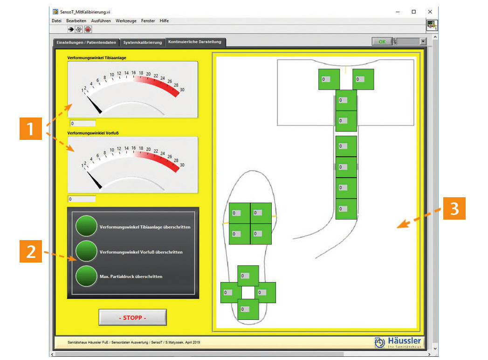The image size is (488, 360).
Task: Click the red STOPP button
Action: coord(132,318)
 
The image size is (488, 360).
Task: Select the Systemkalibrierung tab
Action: coord(143,42)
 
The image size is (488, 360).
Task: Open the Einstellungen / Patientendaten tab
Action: coord(86,42)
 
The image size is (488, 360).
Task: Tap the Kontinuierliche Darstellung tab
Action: coord(195,42)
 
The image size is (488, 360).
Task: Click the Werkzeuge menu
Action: coord(126,21)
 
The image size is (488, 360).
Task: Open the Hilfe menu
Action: coord(164,21)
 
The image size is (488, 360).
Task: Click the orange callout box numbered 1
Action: coord(30,129)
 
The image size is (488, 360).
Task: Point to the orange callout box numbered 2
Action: coord(30,251)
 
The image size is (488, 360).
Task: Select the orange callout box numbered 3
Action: coord(454,208)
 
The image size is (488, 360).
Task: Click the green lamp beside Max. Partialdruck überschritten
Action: coord(86,276)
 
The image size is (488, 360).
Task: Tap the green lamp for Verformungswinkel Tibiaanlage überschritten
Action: coord(86,226)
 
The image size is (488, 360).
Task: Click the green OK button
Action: coord(382,42)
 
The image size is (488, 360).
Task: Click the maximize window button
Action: coord(413,12)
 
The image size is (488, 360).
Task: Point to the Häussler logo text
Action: coord(404,341)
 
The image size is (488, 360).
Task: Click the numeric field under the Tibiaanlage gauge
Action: coord(82,123)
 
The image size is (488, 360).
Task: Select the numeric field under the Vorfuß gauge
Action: coord(82,199)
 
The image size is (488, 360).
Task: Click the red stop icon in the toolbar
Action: coord(88,29)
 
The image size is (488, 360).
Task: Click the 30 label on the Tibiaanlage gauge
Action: coord(182,90)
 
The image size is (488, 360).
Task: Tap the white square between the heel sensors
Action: coord(248,292)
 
